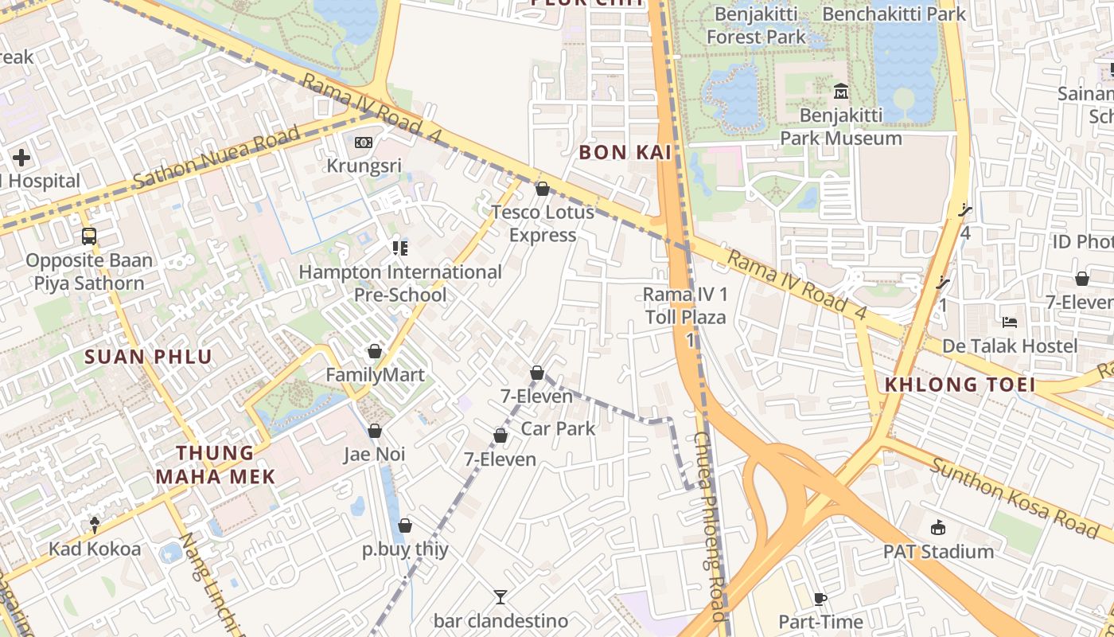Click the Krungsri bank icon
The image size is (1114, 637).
[x=364, y=143]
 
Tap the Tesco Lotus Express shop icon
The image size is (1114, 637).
[x=543, y=189]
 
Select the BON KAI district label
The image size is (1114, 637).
[x=625, y=152]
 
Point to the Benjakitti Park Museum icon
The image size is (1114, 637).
[x=840, y=92]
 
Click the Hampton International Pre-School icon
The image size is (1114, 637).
[x=400, y=248]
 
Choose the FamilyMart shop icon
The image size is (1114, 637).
[x=375, y=351]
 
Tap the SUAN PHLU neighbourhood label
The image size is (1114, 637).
[x=149, y=357]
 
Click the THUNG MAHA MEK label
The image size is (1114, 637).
[x=215, y=465]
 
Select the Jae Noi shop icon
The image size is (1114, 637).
[x=375, y=431]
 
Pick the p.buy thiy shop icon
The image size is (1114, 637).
[x=405, y=526]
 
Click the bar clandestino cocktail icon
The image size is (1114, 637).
[x=501, y=596]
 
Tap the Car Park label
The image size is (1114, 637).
[x=558, y=428]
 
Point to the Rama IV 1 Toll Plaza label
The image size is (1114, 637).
[x=685, y=306]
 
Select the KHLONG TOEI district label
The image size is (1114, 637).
[x=960, y=385]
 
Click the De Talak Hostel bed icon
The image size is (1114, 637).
[x=1010, y=322]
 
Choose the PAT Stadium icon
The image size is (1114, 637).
[x=938, y=527]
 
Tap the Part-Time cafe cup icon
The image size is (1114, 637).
[x=820, y=599]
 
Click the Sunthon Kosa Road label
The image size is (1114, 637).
[x=1014, y=498]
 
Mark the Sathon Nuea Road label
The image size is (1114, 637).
[x=216, y=157]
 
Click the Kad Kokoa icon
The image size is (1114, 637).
[x=95, y=525]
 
